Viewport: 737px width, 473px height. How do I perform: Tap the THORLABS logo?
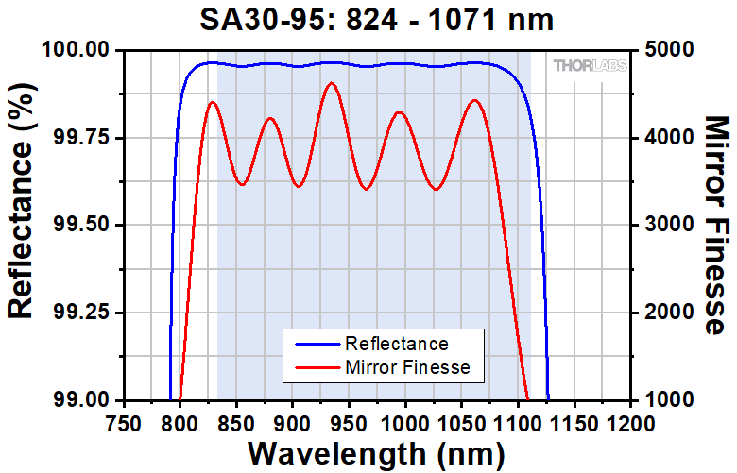click(x=586, y=66)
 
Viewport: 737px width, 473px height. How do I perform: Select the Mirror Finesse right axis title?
click(x=716, y=225)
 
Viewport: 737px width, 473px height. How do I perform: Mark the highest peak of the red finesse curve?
click(x=331, y=83)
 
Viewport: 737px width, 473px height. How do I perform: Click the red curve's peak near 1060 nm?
click(x=474, y=100)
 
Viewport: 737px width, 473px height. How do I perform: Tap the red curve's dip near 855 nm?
click(x=242, y=184)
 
